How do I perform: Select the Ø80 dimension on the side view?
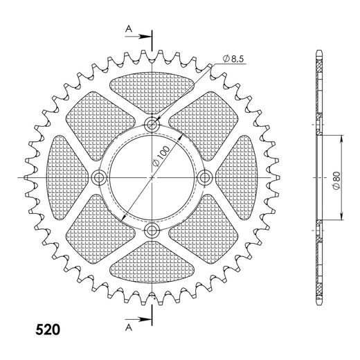point(335,178)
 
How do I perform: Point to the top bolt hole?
point(152,125)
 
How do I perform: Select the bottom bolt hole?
point(152,231)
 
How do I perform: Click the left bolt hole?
point(99,178)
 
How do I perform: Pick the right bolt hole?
point(205,178)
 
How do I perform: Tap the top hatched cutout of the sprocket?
point(152,87)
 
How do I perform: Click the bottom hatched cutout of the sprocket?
point(152,269)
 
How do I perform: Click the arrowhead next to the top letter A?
point(145,34)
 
